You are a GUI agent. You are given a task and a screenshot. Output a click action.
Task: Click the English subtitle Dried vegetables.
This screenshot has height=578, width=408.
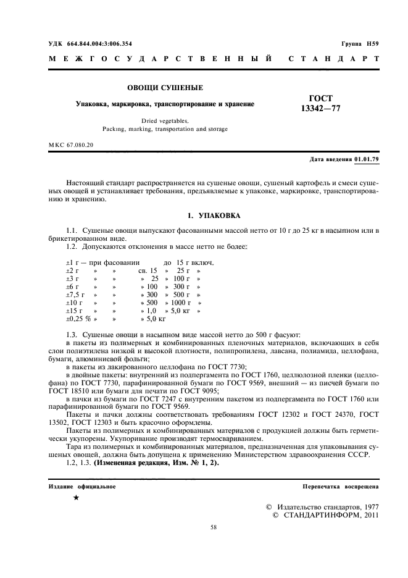165,121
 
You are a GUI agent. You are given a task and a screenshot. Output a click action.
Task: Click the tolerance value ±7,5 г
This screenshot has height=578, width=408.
77,295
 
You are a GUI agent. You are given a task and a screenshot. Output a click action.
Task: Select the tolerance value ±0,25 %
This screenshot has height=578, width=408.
78,319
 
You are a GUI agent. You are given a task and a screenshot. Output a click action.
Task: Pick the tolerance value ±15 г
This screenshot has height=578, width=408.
75,311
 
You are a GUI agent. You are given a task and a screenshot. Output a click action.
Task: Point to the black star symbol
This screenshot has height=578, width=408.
75,497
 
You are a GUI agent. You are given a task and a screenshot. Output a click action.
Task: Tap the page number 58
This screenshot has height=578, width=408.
214,527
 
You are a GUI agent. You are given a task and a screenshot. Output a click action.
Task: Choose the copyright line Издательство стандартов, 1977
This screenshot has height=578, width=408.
322,506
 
